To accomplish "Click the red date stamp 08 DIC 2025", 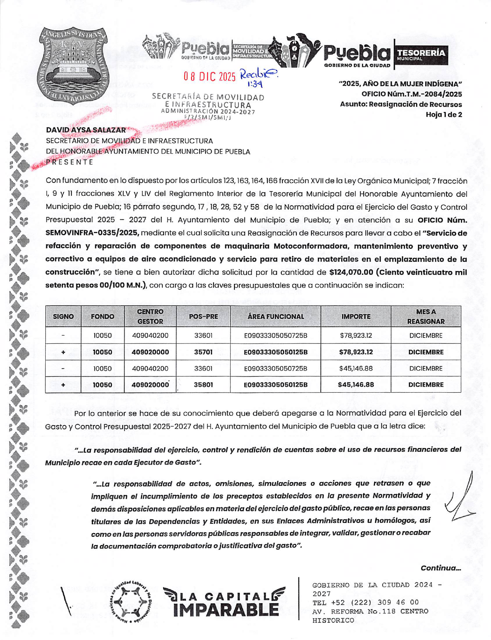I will coord(209,77).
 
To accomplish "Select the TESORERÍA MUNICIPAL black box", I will coord(421,55).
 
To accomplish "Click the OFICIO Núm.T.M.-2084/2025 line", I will coord(411,94).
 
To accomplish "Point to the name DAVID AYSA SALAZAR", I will coord(86,130).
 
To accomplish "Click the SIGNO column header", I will coord(63,317).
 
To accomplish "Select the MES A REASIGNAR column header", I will coord(426,317).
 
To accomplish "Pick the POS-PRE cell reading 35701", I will coord(203,352).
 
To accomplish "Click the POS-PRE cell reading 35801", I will coord(203,385).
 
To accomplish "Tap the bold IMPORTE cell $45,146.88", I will coord(356,385).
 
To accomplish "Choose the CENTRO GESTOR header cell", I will coord(150,317).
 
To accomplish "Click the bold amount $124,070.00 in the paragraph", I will coord(351,272).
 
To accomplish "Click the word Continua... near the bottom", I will coord(441,568).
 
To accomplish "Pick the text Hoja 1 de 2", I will coord(443,115).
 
